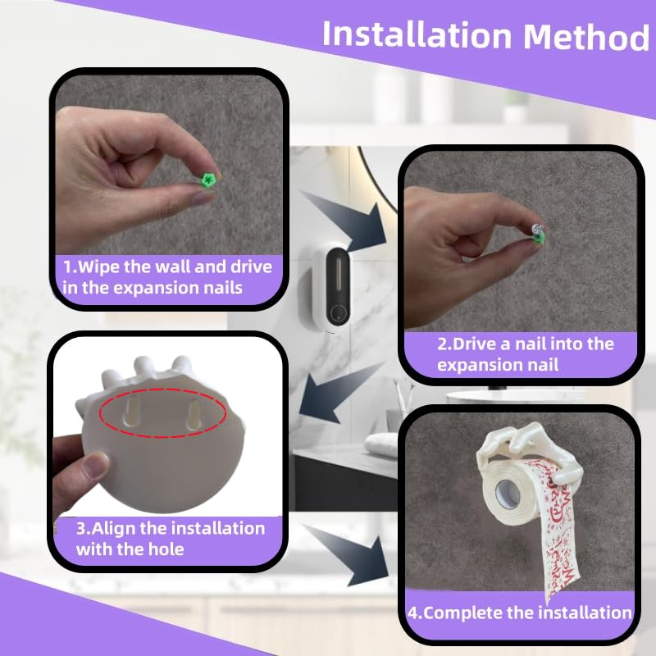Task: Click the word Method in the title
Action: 586,36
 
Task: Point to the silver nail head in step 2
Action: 537,230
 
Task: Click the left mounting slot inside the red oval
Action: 132,412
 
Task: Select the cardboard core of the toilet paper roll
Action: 507,494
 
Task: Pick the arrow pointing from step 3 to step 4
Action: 349,554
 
